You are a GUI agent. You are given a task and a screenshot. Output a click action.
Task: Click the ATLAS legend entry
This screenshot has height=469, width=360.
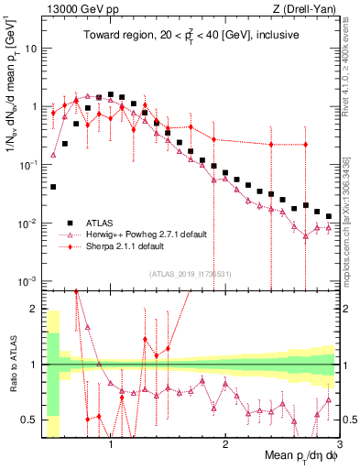[x=100, y=223]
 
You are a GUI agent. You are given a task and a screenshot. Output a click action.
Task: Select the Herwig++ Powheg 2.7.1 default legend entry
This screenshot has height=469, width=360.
[x=147, y=234]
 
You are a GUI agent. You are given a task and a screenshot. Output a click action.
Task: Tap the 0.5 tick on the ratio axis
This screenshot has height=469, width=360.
[x=28, y=420]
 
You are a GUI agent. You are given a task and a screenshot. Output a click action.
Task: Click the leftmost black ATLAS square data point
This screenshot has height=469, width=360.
[x=53, y=187]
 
